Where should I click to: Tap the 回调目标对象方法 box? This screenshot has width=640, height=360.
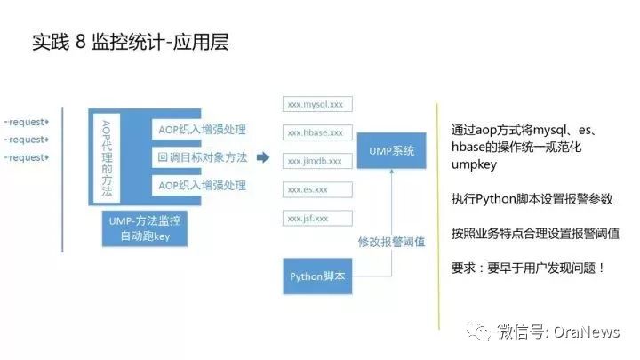pyautogui.click(x=202, y=157)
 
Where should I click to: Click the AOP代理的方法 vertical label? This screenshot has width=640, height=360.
pyautogui.click(x=107, y=157)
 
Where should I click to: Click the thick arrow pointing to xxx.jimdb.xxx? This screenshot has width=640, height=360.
pyautogui.click(x=263, y=158)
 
